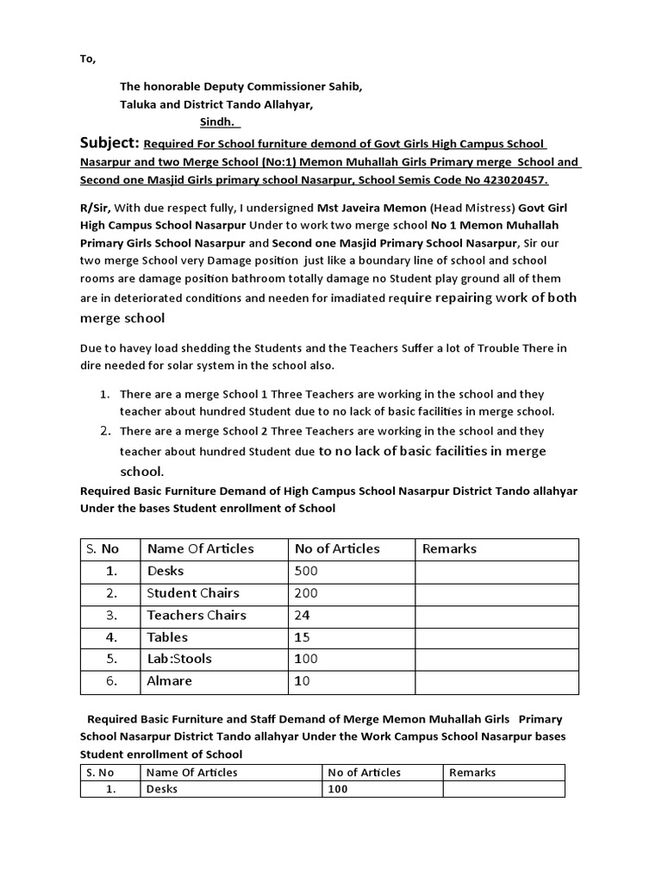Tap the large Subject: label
[x=109, y=142]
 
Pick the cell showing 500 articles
[x=306, y=571]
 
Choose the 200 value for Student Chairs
[x=306, y=593]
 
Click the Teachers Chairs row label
[x=197, y=615]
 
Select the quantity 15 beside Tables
[x=303, y=637]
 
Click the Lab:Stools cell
[x=179, y=659]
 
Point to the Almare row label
[x=170, y=681]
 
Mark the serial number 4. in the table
[x=109, y=637]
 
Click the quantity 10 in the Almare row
[x=303, y=681]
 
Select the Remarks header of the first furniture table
[x=448, y=548]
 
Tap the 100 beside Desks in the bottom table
[x=338, y=789]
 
